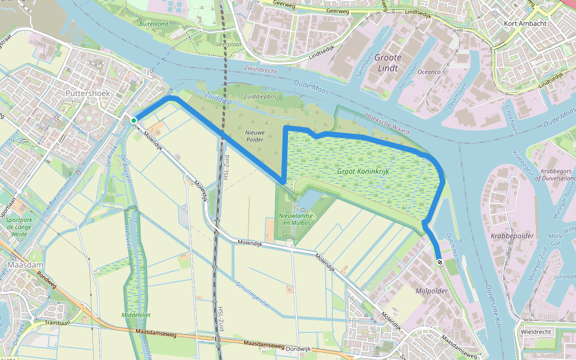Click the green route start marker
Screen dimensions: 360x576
coord(134,121)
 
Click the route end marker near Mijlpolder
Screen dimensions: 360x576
coord(440,262)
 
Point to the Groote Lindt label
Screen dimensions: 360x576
coord(388,63)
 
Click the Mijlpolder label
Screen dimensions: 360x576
coord(431,291)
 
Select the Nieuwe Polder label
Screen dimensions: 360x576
coord(254,135)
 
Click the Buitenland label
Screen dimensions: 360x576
coord(154,24)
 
